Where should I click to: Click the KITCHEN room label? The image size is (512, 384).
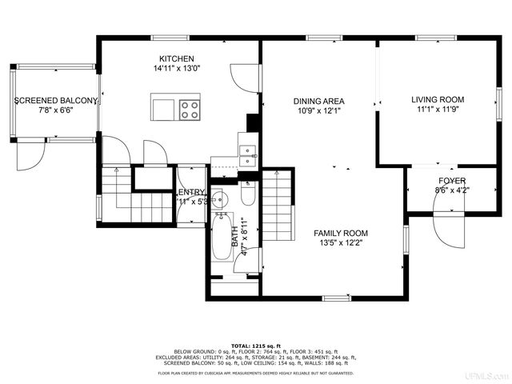coord(176,58)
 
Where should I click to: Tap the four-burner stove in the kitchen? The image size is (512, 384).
coord(190,108)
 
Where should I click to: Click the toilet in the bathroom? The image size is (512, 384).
coord(247,194)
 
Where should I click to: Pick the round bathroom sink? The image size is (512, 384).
coord(221,198)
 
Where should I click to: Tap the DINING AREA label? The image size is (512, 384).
coord(318,101)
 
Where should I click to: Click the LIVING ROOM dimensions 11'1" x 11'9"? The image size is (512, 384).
coord(438,110)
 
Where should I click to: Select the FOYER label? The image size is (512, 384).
coord(452,181)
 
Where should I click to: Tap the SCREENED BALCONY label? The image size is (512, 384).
coord(56,101)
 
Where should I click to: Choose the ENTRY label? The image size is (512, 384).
coord(191,192)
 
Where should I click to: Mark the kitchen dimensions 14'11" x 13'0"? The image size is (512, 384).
coord(176,69)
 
